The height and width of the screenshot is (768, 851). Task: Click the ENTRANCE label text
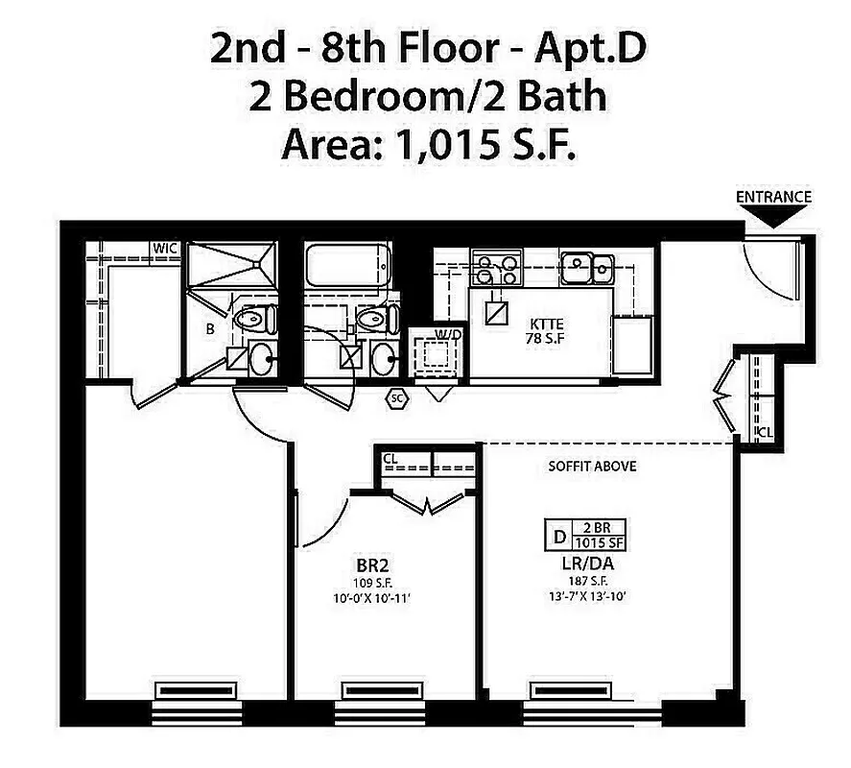pos(773,197)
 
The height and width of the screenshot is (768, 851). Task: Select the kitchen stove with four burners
pos(496,268)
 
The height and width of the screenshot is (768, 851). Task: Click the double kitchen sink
pos(588,267)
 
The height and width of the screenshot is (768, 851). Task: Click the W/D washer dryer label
pos(444,335)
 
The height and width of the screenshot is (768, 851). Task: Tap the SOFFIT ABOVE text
pos(592,467)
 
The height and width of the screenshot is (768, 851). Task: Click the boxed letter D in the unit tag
pos(557,534)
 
